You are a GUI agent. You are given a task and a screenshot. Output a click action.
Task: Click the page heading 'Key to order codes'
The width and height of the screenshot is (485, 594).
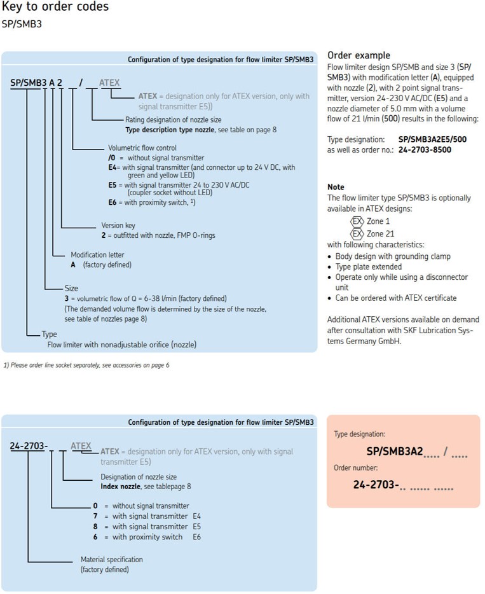(55, 8)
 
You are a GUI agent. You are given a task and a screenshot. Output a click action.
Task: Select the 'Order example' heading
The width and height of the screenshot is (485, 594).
(358, 55)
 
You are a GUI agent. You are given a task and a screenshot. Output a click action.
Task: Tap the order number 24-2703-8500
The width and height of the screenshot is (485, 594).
(425, 149)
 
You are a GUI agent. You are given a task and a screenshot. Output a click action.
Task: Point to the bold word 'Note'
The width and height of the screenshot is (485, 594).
(335, 188)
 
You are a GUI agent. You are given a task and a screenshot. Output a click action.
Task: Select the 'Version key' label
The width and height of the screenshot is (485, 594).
(118, 225)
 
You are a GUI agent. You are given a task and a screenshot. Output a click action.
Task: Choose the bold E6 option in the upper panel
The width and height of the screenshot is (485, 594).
(113, 202)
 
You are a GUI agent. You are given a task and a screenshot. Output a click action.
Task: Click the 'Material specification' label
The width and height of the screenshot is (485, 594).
(111, 559)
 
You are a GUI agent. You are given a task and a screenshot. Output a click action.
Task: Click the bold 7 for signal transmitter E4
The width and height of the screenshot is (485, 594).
(95, 516)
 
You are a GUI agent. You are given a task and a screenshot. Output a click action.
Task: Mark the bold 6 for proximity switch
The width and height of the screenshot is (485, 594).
(95, 537)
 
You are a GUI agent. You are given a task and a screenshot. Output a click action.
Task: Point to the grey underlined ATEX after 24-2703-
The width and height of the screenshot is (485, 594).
(81, 446)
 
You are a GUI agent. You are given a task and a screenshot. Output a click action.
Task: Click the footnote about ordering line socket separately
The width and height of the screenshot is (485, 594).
(86, 365)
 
